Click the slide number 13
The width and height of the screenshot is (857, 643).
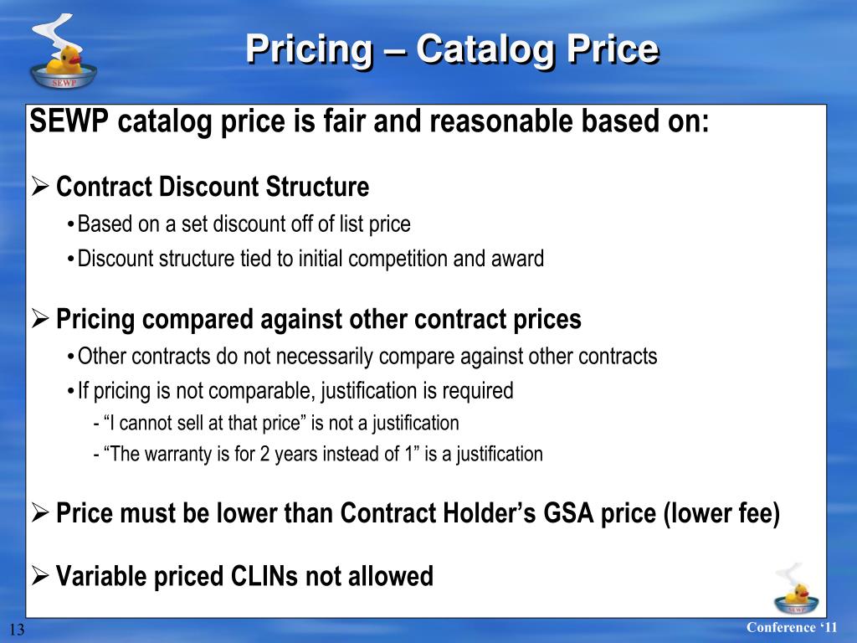(x=17, y=630)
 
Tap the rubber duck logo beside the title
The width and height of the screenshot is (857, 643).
(x=63, y=53)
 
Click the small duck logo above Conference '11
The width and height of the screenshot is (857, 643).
(x=797, y=589)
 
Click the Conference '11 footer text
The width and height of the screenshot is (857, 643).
(x=792, y=627)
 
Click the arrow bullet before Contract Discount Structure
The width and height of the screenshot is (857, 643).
(x=40, y=187)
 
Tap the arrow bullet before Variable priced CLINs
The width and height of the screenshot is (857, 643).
(x=40, y=576)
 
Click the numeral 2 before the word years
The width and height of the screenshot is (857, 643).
(x=264, y=454)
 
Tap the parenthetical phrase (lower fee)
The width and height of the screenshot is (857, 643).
(x=721, y=513)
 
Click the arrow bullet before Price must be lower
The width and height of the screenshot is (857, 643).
(x=40, y=512)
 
